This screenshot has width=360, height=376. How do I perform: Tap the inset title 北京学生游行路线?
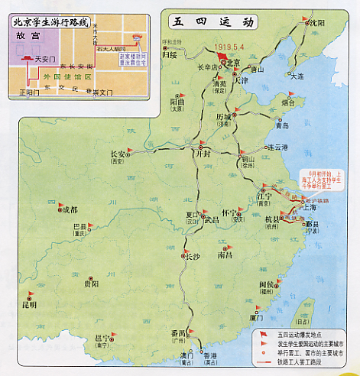pyautogui.click(x=47, y=22)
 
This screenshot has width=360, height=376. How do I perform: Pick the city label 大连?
pyautogui.click(x=298, y=76)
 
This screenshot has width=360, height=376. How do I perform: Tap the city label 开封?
pyautogui.click(x=203, y=153)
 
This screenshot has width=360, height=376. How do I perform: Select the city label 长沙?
pyautogui.click(x=194, y=257)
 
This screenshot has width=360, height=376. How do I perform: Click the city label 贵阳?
pyautogui.click(x=90, y=284)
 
